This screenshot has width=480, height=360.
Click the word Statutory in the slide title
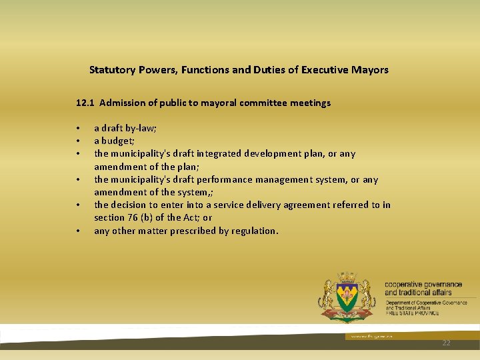point(111,69)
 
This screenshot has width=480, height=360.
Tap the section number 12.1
point(85,103)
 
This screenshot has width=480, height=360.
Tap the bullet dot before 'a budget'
point(78,141)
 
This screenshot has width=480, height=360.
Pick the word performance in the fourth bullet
point(223,179)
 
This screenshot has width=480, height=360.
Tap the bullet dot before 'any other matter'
point(78,231)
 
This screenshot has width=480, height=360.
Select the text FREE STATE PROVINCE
point(411,313)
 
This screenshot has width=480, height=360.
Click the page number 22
point(446,342)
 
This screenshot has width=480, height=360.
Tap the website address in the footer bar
point(364,337)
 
